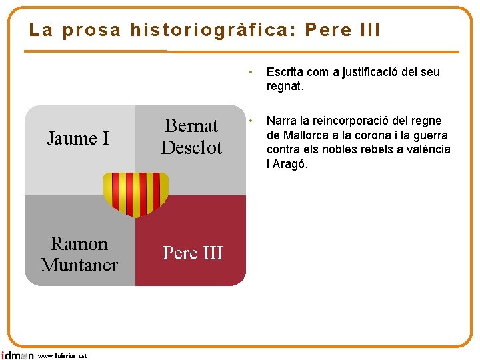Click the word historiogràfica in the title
pyautogui.click(x=213, y=30)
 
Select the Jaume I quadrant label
pyautogui.click(x=78, y=139)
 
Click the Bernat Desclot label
pyautogui.click(x=191, y=137)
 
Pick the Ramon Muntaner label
pyautogui.click(x=79, y=254)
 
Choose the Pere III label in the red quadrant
pyautogui.click(x=193, y=253)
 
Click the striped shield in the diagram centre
pyautogui.click(x=136, y=193)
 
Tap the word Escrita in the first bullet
pyautogui.click(x=283, y=72)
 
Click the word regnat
pyautogui.click(x=285, y=86)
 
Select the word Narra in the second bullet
pyautogui.click(x=281, y=121)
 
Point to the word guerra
pyautogui.click(x=432, y=135)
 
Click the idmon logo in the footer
pyautogui.click(x=17, y=355)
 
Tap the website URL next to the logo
pyautogui.click(x=62, y=356)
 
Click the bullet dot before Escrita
pyautogui.click(x=249, y=72)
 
